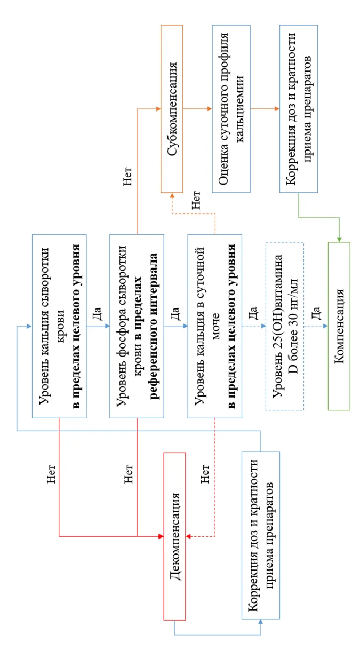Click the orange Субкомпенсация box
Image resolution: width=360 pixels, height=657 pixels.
(x=172, y=109)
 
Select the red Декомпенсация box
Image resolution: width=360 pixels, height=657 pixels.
(x=175, y=536)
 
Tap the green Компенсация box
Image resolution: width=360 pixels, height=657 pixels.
(x=339, y=326)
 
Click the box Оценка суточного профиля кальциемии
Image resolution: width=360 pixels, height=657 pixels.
(x=231, y=109)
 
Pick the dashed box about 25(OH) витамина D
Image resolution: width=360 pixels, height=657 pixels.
(x=285, y=326)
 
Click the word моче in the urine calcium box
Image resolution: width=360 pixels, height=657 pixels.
(x=215, y=326)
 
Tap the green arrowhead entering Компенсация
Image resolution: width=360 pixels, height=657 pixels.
(x=339, y=239)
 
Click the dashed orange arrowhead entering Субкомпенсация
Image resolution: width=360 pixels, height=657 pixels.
(x=172, y=195)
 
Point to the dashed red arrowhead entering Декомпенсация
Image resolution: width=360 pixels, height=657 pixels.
(x=189, y=536)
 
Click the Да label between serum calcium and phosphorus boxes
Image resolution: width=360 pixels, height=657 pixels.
(x=97, y=313)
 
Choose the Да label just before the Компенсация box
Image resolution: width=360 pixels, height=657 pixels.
(x=315, y=313)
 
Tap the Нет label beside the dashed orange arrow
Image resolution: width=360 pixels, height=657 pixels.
(x=196, y=200)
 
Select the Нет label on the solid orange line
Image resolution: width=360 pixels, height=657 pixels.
(x=127, y=177)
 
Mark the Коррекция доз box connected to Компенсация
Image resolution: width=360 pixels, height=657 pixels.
(x=299, y=109)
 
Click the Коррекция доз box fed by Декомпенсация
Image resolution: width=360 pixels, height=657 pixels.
(x=261, y=535)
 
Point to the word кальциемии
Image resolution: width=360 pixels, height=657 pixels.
(x=240, y=109)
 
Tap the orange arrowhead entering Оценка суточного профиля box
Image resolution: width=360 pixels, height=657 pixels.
(x=209, y=109)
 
